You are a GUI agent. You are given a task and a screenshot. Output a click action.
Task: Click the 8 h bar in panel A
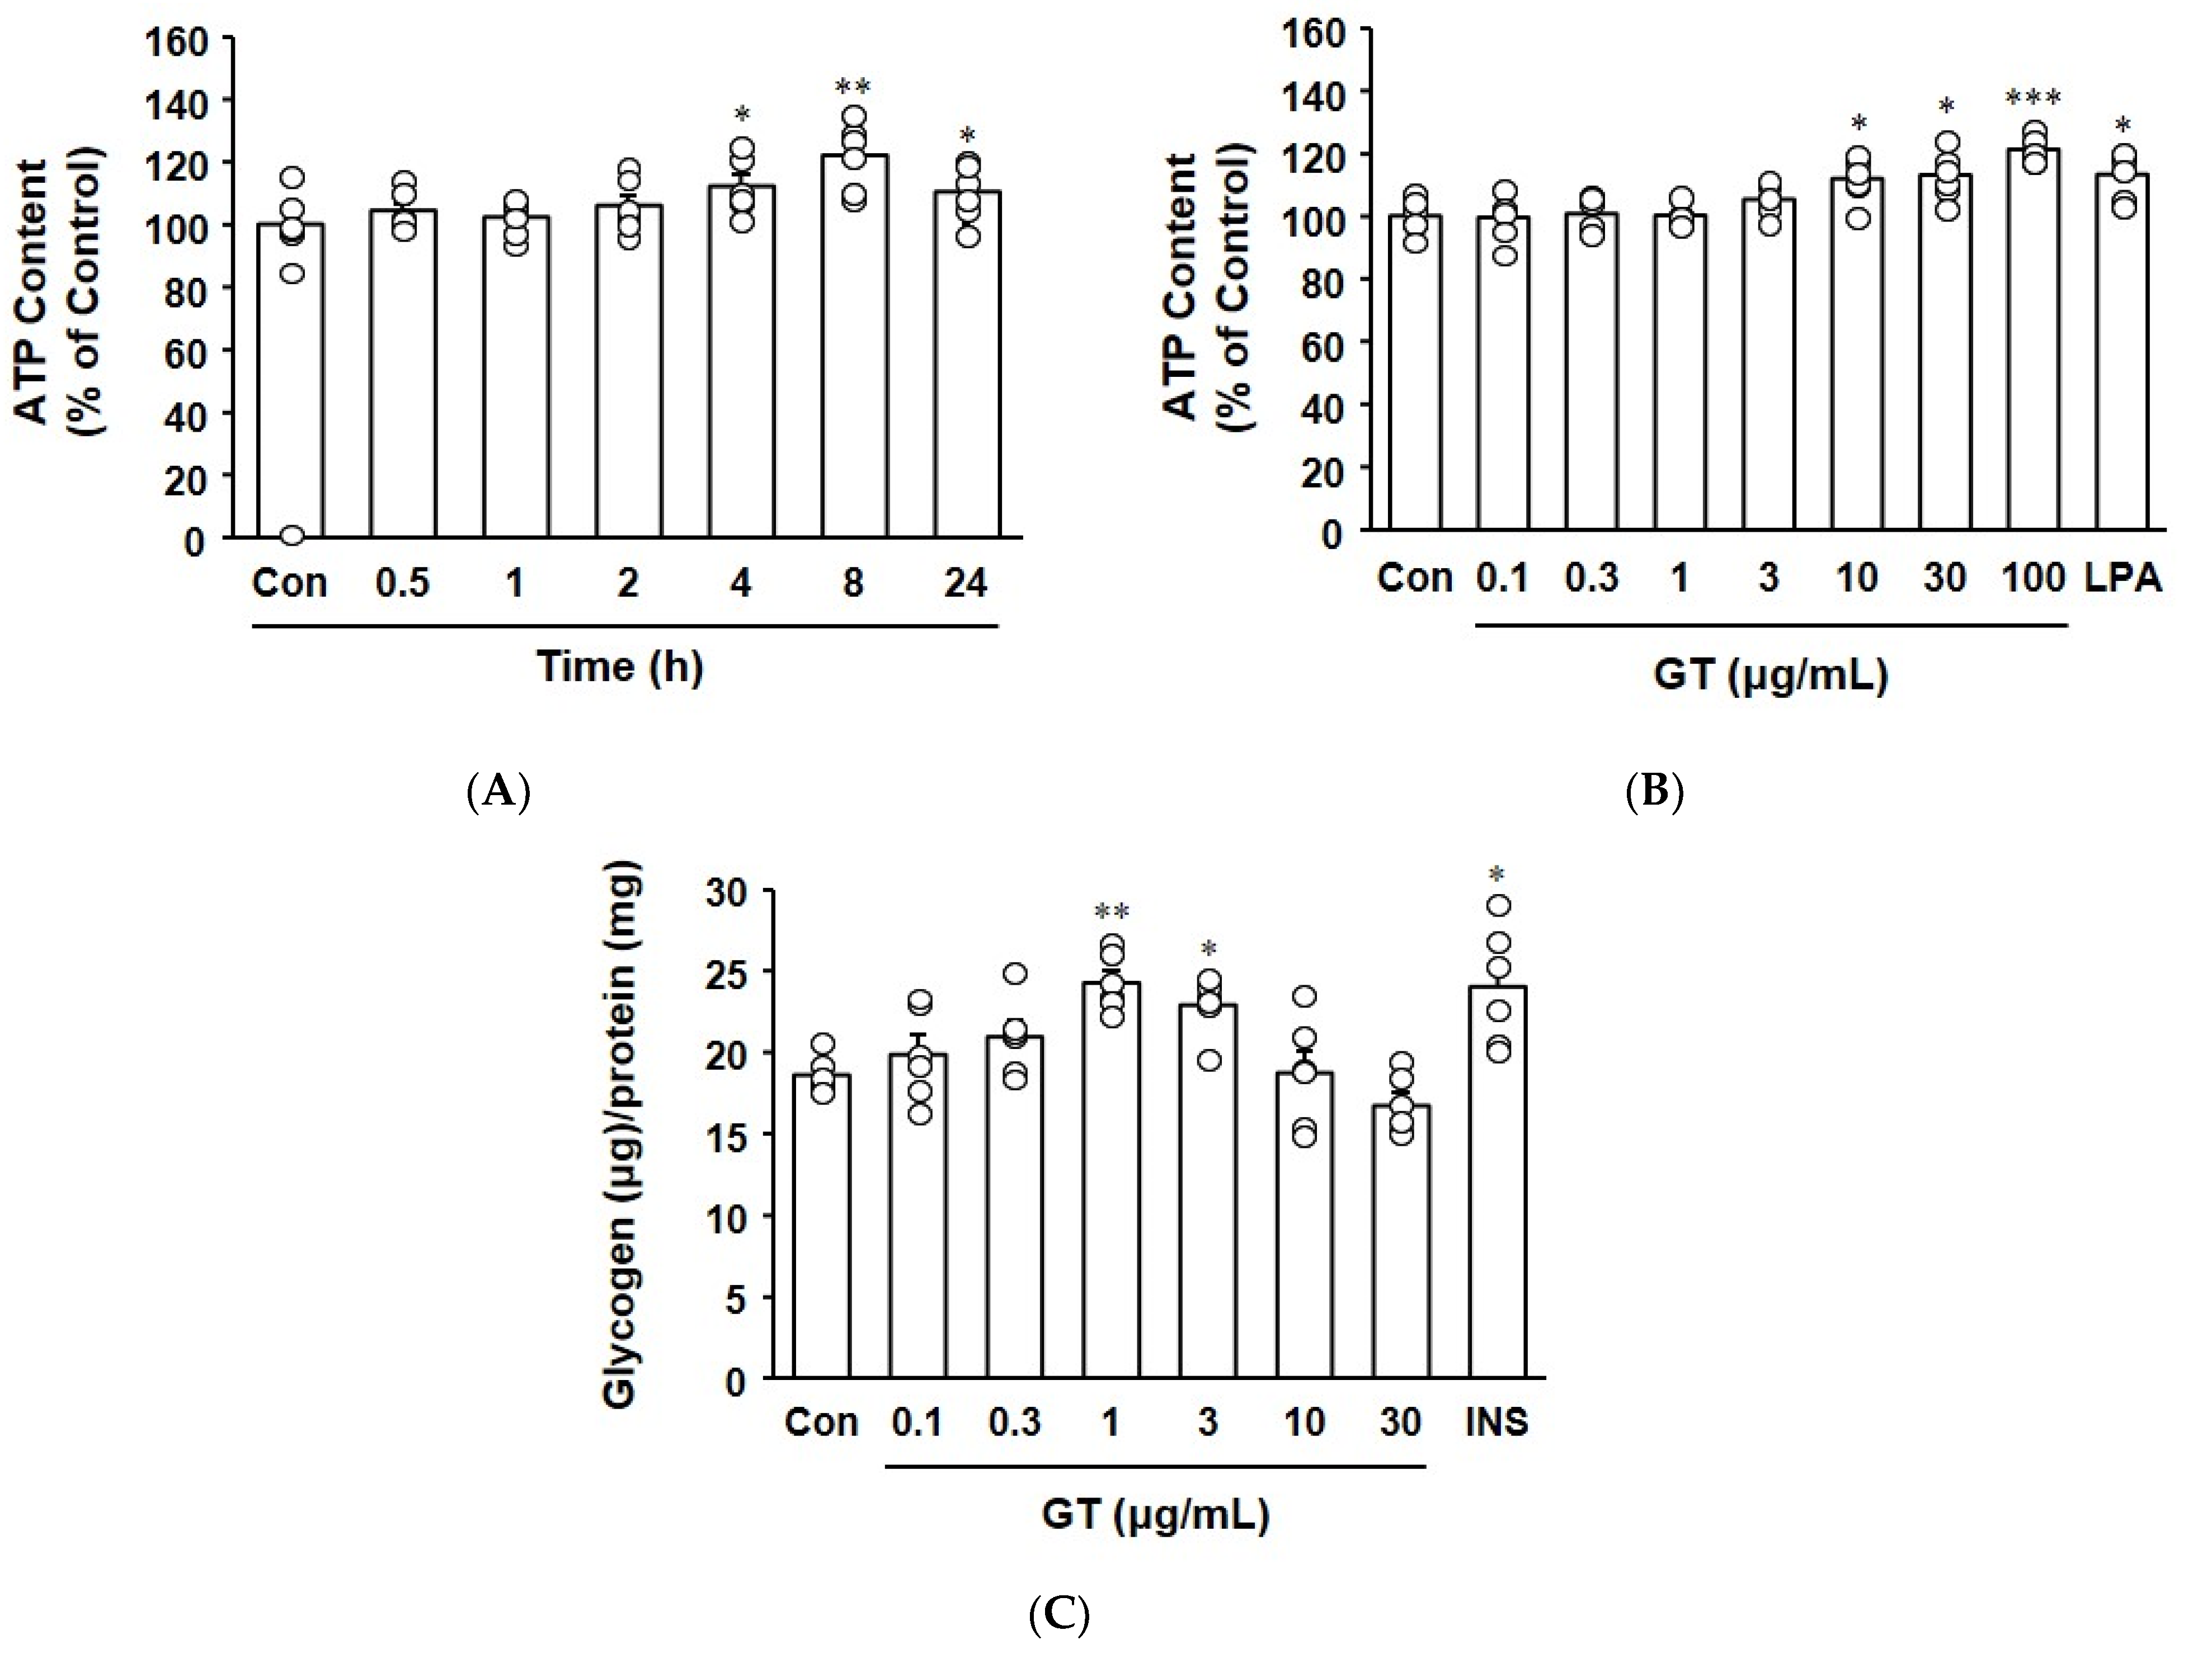click(854, 347)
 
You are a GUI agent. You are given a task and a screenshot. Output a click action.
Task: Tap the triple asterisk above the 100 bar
click(2034, 97)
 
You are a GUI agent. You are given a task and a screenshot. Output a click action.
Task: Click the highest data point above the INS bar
click(1499, 905)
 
